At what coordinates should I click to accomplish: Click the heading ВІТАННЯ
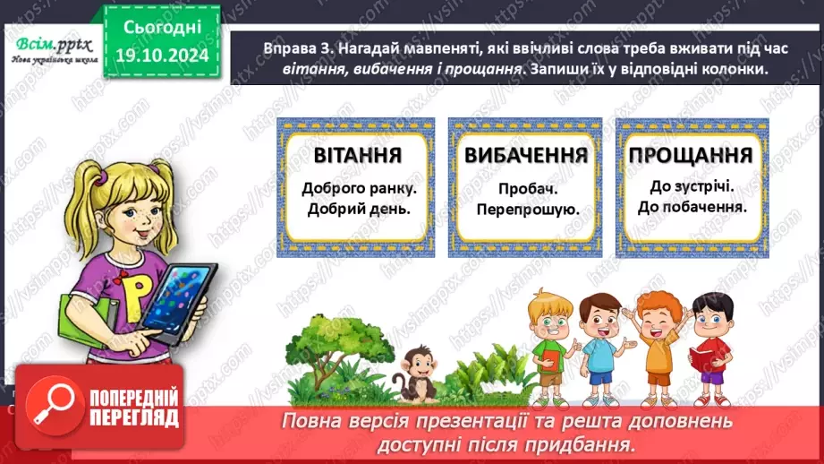tap(357, 155)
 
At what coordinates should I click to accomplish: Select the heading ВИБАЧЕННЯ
tap(525, 155)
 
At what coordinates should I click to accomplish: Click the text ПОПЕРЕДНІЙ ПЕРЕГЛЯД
tap(132, 406)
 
